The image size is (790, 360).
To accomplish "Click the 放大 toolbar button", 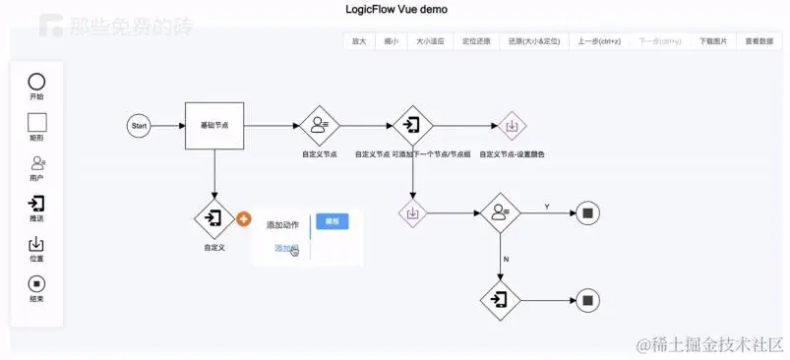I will (359, 41).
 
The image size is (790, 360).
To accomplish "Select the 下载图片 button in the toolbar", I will (713, 41).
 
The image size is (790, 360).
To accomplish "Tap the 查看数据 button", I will (759, 41).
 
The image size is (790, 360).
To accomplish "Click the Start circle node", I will (139, 126).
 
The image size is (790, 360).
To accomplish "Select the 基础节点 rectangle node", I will (213, 126).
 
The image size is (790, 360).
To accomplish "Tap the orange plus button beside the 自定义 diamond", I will (243, 217).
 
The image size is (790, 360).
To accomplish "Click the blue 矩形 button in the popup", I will (332, 222).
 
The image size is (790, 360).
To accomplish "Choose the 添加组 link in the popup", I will (285, 248).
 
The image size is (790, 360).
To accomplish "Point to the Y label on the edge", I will (547, 207).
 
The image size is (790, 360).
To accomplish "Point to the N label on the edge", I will (506, 259).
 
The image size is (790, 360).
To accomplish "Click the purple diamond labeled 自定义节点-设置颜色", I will (512, 126).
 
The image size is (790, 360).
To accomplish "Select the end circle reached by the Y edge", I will (587, 212).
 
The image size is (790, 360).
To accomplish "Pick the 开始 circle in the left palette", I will (36, 82).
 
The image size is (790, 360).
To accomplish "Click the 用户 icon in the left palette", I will (36, 163).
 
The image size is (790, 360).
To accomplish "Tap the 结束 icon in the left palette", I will (36, 284).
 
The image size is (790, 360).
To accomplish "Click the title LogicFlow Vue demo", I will (395, 10).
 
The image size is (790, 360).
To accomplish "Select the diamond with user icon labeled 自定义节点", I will (319, 126).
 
